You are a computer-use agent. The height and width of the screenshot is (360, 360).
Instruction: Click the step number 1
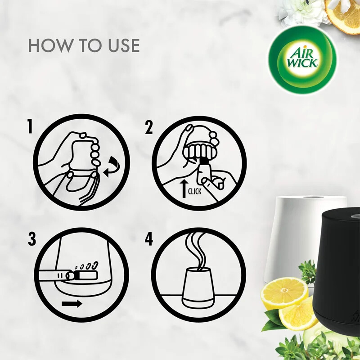pyautogui.click(x=30, y=127)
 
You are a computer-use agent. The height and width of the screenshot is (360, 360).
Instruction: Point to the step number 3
pyautogui.click(x=31, y=239)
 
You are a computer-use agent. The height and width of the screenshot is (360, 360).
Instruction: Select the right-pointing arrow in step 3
pyautogui.click(x=72, y=303)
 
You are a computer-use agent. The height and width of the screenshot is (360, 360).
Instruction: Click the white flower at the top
pyautogui.click(x=304, y=11)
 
